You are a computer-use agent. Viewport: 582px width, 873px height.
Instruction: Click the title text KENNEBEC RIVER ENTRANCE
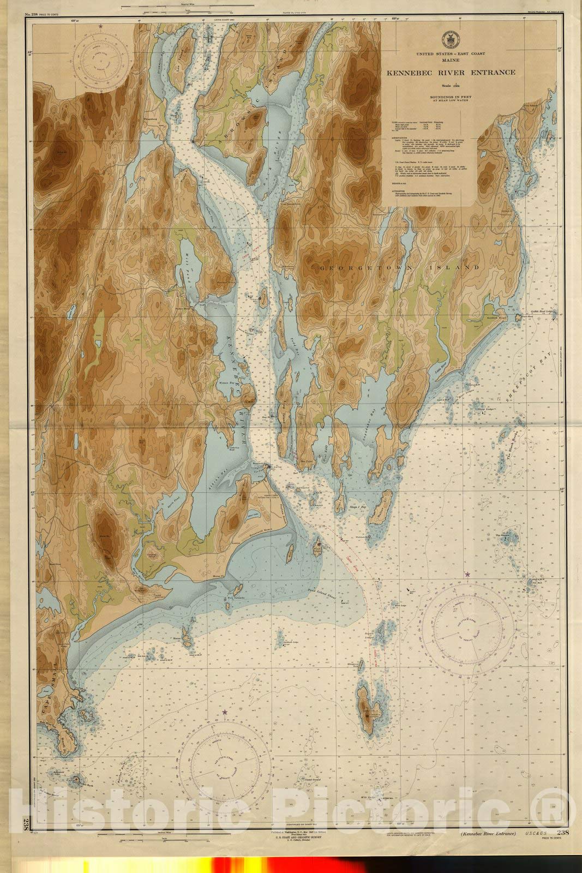451,73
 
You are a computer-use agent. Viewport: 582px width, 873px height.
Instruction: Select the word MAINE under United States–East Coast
451,62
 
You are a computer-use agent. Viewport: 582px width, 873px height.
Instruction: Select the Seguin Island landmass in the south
367,709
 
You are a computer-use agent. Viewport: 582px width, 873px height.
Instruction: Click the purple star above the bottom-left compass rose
224,711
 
